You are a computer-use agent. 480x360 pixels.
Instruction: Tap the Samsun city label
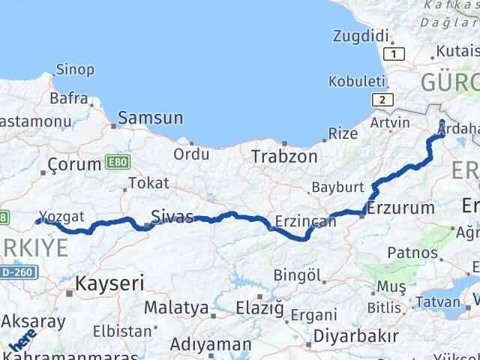(x=150, y=118)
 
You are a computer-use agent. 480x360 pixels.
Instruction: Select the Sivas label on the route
(x=172, y=217)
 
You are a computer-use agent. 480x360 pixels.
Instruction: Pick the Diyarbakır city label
(x=351, y=334)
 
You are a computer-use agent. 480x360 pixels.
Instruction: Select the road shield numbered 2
(x=382, y=100)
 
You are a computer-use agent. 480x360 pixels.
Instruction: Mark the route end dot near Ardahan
(x=442, y=124)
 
